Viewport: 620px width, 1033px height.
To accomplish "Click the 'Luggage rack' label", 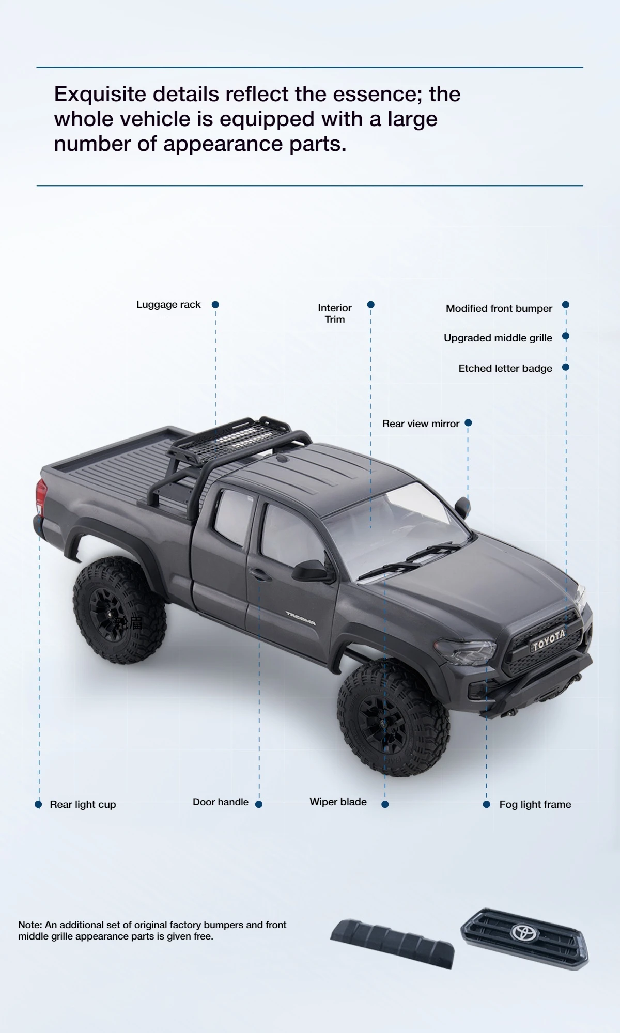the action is point(168,305).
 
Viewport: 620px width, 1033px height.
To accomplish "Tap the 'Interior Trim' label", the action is point(335,314).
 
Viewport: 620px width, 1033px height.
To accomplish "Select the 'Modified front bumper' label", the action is point(499,308).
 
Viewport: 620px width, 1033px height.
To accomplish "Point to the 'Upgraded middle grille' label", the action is point(498,338).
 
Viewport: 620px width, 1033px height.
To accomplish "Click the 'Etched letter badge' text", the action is point(505,368).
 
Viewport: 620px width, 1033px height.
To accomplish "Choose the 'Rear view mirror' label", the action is point(421,424).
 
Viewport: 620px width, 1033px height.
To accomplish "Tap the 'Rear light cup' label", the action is point(83,804).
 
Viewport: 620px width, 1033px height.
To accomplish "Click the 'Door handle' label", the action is point(221,802).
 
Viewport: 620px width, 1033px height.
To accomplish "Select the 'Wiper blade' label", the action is point(338,802).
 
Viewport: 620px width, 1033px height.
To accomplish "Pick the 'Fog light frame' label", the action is point(535,804).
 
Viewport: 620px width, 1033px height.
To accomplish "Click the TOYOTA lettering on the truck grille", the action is point(549,640).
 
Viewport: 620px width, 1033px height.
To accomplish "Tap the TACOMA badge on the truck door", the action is point(301,618).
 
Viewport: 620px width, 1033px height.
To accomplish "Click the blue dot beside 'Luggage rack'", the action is point(215,305).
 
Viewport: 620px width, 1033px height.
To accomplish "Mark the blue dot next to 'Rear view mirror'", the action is point(468,423).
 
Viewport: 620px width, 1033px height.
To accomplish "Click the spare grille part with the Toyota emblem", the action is point(524,938).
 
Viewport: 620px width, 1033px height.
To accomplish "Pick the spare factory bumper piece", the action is point(393,943).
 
